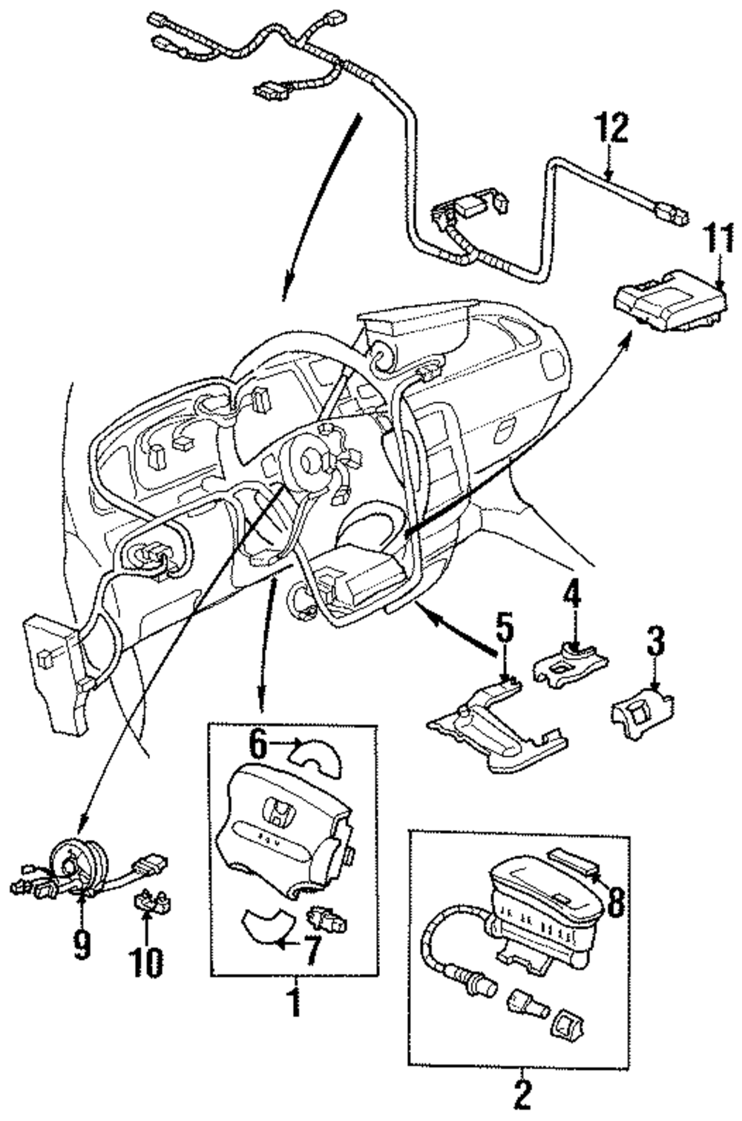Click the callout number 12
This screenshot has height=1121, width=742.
click(x=610, y=128)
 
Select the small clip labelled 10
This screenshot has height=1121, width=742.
click(x=147, y=901)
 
